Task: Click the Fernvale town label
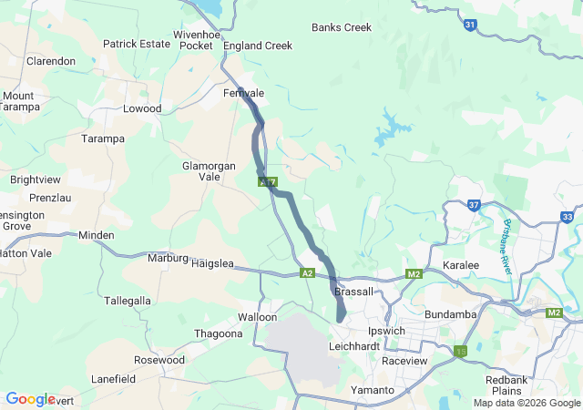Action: (x=243, y=94)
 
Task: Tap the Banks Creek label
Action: (x=342, y=27)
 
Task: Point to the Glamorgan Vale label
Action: (x=210, y=171)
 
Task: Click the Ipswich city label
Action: (x=385, y=330)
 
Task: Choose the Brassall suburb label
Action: (x=354, y=292)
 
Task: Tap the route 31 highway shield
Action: (x=469, y=26)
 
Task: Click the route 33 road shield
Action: (x=568, y=217)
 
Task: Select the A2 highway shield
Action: (x=307, y=273)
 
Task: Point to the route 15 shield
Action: (x=461, y=351)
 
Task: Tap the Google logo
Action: (x=30, y=399)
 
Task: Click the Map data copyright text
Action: (x=526, y=403)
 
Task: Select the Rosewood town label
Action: (x=159, y=360)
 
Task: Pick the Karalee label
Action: (x=460, y=265)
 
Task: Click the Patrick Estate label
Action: (x=137, y=43)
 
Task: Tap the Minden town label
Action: (x=97, y=235)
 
